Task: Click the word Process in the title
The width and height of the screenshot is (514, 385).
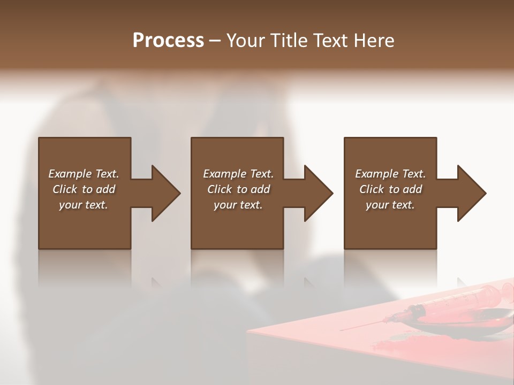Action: [168, 41]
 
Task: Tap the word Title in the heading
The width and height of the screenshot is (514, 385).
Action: [288, 41]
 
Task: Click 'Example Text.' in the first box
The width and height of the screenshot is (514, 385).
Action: [84, 174]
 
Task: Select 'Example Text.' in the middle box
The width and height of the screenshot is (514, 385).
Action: [238, 174]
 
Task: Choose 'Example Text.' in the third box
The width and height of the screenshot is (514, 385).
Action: [390, 174]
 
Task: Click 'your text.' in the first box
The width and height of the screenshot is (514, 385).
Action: [84, 205]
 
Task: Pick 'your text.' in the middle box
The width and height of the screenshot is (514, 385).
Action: [238, 205]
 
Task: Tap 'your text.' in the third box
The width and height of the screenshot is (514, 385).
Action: [390, 205]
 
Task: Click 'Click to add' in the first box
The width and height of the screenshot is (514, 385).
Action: [84, 189]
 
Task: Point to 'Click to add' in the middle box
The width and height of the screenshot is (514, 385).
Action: [238, 189]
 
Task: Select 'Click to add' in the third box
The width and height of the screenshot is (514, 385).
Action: [390, 189]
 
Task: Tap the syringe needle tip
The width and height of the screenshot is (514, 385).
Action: [343, 329]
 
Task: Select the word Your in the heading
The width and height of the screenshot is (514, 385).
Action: [245, 41]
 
